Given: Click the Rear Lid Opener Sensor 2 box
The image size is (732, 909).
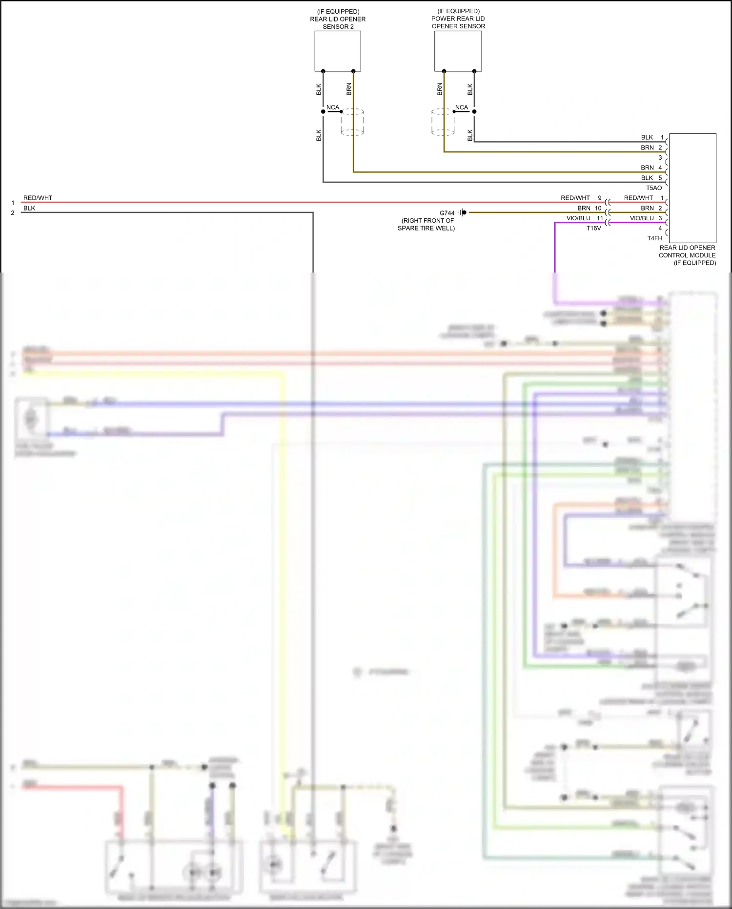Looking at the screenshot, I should point(338,51).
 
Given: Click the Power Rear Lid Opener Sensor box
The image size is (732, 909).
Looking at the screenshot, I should point(458,51).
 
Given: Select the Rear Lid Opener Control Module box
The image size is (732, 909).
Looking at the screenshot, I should point(692,188).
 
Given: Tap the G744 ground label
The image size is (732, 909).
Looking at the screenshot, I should point(447,213).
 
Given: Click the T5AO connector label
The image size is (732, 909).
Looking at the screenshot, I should point(654,188).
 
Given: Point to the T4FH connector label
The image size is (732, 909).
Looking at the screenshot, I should point(654,238).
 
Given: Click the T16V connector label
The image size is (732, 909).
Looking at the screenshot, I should point(593,228).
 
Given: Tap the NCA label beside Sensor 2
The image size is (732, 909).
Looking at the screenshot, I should point(332,107).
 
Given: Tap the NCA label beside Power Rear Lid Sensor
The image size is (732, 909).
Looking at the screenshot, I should point(461,107).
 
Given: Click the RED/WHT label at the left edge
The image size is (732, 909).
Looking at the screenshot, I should point(38,198).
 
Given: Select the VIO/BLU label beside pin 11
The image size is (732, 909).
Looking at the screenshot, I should point(578,218).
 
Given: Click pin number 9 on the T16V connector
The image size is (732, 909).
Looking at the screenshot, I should point(600,198).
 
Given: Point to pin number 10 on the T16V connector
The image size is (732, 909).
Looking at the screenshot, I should point(598,208).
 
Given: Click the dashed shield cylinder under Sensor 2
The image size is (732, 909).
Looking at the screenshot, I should point(352,122).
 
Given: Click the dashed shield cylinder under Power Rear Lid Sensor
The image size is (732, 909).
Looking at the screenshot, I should point(443,122).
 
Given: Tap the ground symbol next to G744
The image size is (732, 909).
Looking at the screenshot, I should point(462,212).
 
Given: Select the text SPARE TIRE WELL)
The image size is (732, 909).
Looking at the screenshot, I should point(426,228).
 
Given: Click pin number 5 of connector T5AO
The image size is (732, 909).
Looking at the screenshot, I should point(660,178).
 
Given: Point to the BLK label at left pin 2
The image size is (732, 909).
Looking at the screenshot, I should point(29,208).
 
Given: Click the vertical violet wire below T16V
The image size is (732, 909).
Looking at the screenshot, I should point(555,249).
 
